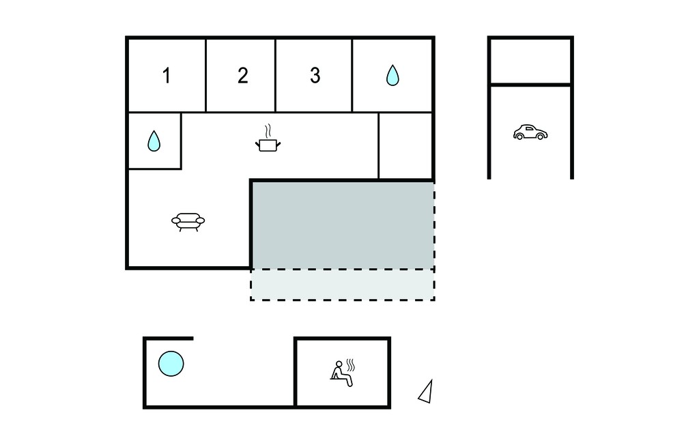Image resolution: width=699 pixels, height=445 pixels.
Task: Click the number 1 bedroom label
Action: point(167,76)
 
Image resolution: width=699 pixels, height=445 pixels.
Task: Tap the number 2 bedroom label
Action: point(243,76)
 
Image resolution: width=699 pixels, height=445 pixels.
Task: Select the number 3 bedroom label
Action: point(315,76)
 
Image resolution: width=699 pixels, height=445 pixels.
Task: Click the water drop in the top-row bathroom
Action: point(393,75)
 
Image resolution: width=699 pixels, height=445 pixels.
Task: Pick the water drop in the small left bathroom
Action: point(154,141)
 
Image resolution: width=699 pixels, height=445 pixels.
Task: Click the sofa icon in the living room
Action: point(188,222)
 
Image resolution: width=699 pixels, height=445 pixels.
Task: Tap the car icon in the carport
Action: point(530,132)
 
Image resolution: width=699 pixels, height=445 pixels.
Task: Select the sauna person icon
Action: point(341,373)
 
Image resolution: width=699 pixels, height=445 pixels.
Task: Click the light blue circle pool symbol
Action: point(171,363)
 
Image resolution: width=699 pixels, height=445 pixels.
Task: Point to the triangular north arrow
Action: point(426,392)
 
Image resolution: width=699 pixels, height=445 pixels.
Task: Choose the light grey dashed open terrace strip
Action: point(343,285)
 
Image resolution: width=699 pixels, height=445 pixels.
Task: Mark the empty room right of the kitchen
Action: point(405,146)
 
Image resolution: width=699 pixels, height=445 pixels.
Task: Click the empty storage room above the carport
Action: point(530,61)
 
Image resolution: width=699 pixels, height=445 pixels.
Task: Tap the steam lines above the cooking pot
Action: point(268,131)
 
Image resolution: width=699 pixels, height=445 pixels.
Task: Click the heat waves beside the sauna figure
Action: point(351,365)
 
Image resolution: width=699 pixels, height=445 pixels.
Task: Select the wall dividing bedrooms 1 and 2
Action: point(205,75)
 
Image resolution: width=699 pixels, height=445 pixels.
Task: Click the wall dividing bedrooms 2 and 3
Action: point(276,75)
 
